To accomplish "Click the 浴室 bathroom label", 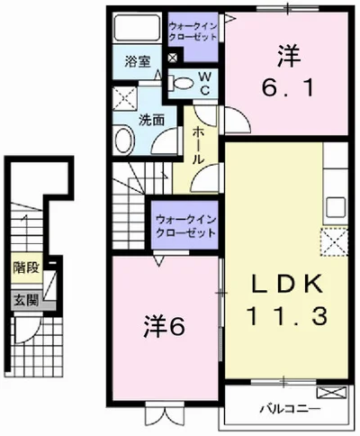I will [137, 62].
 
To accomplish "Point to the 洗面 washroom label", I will [149, 118].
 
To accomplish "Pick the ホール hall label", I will [199, 144].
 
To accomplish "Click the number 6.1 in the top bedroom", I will [287, 88].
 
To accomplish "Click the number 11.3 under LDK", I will [284, 317].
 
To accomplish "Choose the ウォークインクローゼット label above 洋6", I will [185, 224].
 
